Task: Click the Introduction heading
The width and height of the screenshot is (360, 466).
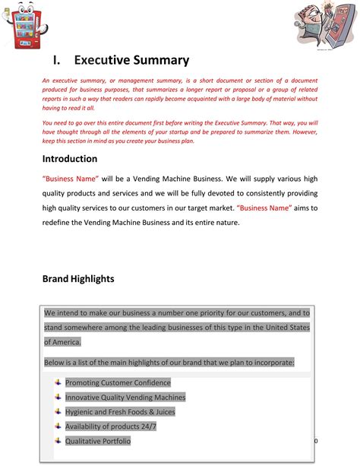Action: point(80,159)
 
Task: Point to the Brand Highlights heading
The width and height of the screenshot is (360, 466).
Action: point(78,279)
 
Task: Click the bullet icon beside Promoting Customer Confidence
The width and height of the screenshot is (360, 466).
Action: point(58,382)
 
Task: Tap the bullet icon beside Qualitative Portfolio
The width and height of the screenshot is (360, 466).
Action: point(58,440)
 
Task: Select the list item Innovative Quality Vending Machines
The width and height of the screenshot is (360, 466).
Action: point(125,397)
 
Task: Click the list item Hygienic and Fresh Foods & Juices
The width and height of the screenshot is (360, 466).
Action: point(120,411)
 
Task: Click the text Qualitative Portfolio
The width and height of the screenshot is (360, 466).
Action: point(98,441)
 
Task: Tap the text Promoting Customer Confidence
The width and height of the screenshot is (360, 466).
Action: point(118,382)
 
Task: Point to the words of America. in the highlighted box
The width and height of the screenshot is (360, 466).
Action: point(62,342)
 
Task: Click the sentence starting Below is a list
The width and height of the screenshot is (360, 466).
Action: point(169,363)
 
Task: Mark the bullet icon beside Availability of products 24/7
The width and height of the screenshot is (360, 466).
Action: point(58,426)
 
